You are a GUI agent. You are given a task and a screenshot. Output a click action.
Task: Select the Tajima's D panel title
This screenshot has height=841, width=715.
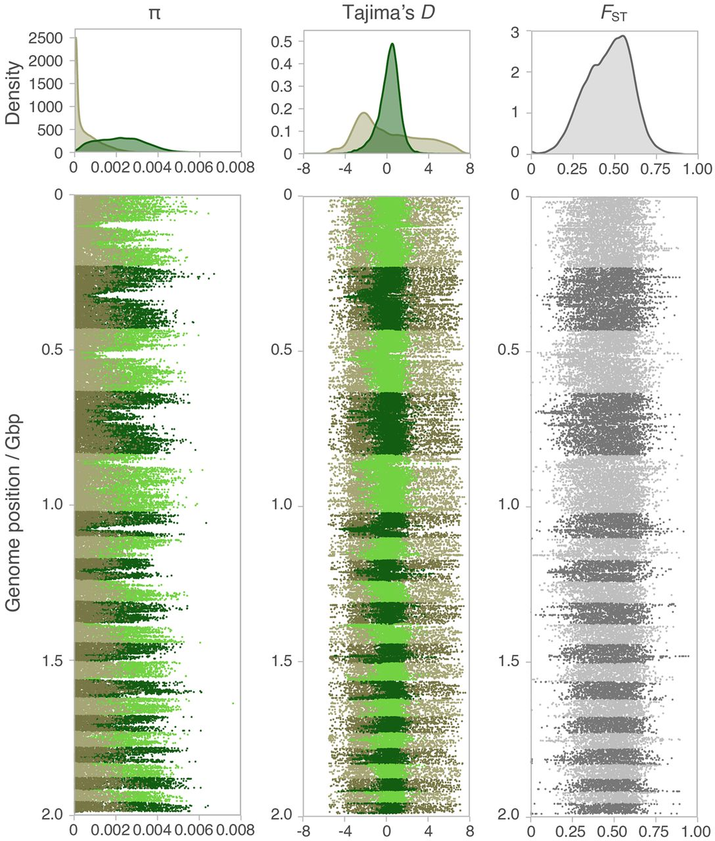(386, 13)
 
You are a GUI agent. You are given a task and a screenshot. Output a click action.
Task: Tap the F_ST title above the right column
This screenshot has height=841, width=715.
(614, 14)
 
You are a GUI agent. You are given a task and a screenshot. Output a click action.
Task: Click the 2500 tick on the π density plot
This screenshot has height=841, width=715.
(47, 38)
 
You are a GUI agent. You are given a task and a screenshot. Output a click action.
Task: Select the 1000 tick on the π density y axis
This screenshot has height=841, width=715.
(47, 106)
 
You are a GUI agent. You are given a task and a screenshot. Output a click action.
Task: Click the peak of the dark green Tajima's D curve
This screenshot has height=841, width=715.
(392, 44)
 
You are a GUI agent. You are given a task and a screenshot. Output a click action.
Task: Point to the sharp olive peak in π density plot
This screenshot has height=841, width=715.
(76, 38)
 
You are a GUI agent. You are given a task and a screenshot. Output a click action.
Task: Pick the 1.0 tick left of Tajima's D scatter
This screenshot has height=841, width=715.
(283, 505)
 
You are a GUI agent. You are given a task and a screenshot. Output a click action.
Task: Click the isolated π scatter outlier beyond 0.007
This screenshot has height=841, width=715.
(233, 703)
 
